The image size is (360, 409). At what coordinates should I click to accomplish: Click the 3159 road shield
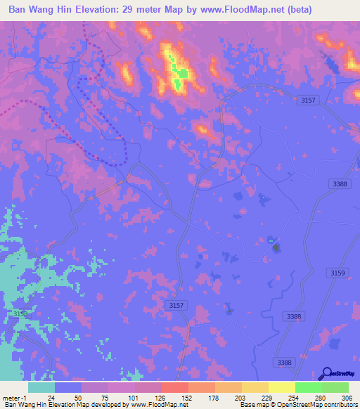click(x=338, y=273)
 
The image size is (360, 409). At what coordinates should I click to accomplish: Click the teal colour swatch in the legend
click(x=41, y=387)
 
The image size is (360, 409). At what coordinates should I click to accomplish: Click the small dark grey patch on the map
click(x=276, y=247)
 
